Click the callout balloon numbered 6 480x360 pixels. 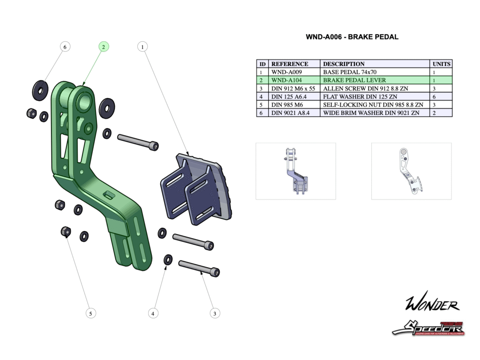coord(65,46)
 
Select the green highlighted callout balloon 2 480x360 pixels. coord(104,46)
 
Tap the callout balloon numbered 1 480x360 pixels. coord(142,46)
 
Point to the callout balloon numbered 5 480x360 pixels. coord(91,313)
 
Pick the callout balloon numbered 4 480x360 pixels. coord(152,313)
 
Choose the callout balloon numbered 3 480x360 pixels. coord(215,313)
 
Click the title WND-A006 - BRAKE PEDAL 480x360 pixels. coord(352,37)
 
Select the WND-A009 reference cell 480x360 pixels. coord(287,72)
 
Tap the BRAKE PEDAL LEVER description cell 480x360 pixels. coord(354,80)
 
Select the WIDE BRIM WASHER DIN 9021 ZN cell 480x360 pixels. coord(371,112)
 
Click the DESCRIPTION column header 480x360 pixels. coord(344,64)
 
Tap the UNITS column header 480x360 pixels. coord(441,64)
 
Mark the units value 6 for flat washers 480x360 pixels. coord(434,96)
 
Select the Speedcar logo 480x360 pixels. coord(428,328)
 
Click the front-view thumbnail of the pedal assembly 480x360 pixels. coord(295,171)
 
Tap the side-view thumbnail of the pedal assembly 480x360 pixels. coord(411,171)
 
